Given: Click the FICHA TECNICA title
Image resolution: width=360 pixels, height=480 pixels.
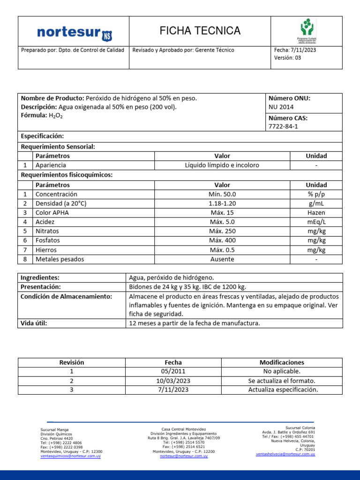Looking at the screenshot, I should pyautogui.click(x=200, y=31).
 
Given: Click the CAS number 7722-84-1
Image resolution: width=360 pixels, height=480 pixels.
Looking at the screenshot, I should pyautogui.click(x=283, y=127).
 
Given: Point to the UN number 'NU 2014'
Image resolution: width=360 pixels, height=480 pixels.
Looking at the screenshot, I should pyautogui.click(x=281, y=107).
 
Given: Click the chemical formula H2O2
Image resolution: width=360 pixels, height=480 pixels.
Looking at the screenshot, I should pyautogui.click(x=54, y=116).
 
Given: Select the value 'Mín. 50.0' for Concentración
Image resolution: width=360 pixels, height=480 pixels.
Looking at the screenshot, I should pyautogui.click(x=222, y=194).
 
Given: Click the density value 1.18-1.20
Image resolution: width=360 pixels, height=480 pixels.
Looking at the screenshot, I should pyautogui.click(x=222, y=203).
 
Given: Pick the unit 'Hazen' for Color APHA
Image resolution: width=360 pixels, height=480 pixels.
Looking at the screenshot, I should pyautogui.click(x=316, y=213).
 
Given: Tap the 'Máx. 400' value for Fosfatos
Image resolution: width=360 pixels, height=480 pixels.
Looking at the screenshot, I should pyautogui.click(x=222, y=240).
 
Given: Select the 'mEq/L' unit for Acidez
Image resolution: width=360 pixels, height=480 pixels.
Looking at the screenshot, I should pyautogui.click(x=316, y=222).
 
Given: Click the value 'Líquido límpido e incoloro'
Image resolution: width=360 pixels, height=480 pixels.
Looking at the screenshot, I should pyautogui.click(x=222, y=165).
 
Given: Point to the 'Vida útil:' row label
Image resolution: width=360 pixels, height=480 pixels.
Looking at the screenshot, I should pyautogui.click(x=34, y=323).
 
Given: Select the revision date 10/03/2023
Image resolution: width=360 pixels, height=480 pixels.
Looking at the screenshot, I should pyautogui.click(x=173, y=381).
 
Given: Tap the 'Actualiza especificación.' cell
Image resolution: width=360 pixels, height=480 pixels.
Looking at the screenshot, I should pyautogui.click(x=283, y=390).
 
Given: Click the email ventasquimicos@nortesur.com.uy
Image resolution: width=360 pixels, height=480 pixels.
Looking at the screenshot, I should pyautogui.click(x=71, y=456).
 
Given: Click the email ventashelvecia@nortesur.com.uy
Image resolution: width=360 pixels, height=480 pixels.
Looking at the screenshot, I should pyautogui.click(x=285, y=454).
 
